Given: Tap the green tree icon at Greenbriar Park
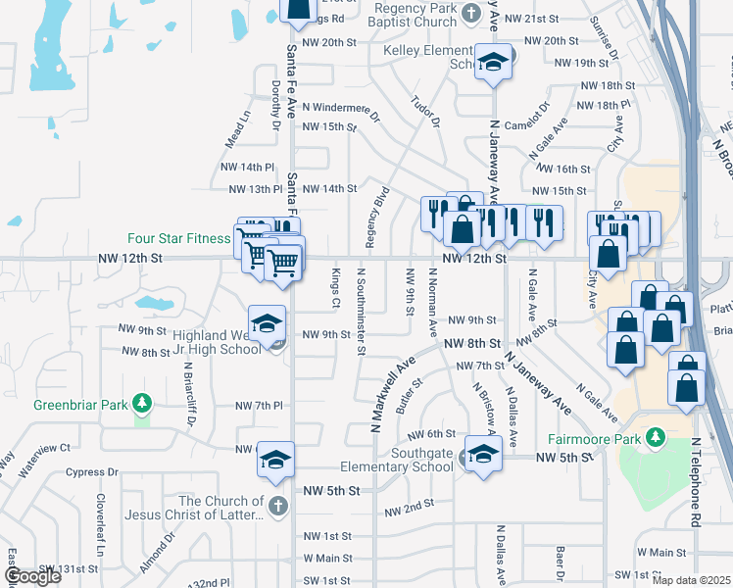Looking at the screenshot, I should (x=142, y=403).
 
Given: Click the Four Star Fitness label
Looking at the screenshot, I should (x=180, y=237).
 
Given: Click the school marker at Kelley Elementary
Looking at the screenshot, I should (x=494, y=63).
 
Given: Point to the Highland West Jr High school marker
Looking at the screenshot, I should (x=266, y=323).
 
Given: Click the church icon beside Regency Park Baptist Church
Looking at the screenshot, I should (x=471, y=13).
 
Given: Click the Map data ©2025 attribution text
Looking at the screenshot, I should (x=691, y=580).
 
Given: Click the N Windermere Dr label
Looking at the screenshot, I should (x=340, y=106).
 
